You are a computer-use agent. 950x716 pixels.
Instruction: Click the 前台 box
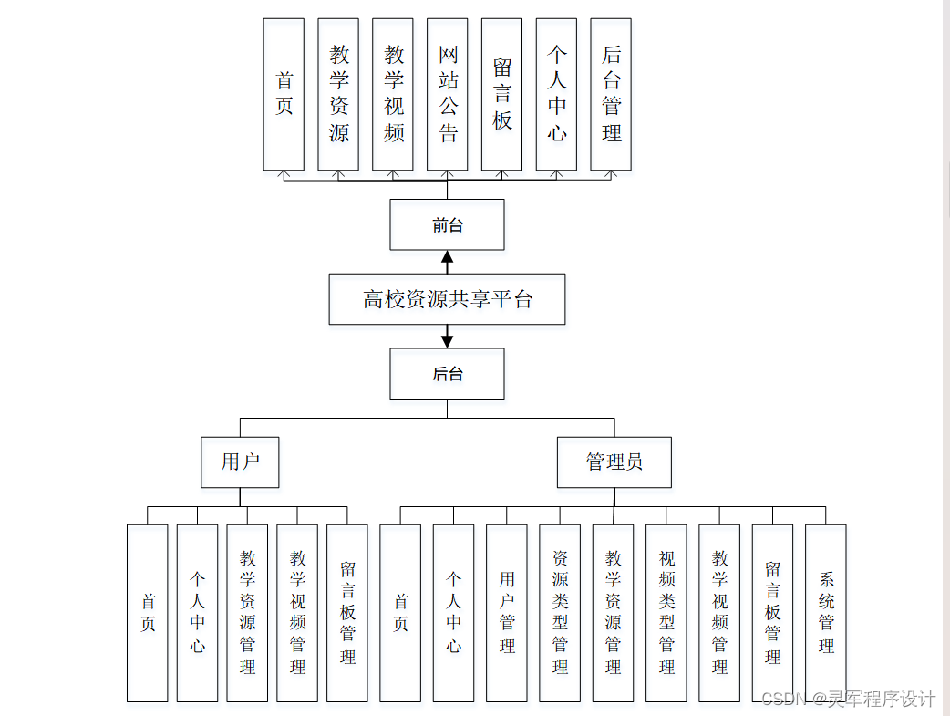[447, 224]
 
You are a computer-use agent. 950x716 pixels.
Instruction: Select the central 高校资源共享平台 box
[447, 299]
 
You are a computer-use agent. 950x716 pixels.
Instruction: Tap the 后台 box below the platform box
[447, 374]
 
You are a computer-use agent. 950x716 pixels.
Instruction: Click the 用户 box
[240, 462]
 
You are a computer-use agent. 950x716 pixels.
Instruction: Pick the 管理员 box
[614, 462]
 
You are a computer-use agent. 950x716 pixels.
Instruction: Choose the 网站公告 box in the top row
[447, 94]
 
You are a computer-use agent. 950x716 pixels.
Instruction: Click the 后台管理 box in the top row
[611, 94]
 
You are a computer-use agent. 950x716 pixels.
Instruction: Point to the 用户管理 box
[507, 613]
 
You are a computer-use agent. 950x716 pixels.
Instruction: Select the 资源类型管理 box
[560, 613]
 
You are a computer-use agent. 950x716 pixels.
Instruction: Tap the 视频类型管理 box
[666, 613]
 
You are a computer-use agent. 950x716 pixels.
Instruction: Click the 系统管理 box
[826, 613]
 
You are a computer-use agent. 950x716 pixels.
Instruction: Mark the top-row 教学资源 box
[338, 94]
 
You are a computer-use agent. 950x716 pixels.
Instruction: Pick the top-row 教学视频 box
[393, 94]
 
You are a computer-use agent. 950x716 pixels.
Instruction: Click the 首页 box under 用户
[148, 613]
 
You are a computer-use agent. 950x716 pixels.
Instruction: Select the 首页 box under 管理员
[400, 613]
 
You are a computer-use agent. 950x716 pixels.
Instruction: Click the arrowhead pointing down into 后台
[447, 341]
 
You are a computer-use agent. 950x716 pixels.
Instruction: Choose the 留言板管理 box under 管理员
[772, 613]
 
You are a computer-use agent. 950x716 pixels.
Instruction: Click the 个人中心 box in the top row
[556, 94]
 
